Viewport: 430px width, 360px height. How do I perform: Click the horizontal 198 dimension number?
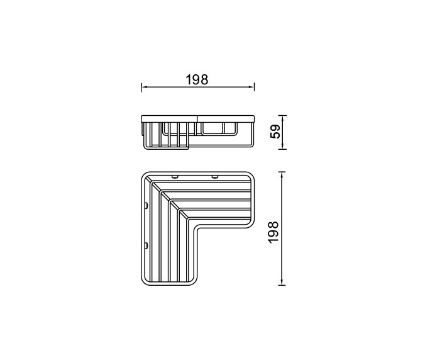pos(197,80)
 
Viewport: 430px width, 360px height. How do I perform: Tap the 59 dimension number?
pos(273,133)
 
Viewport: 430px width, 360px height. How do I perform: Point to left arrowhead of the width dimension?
pos(143,86)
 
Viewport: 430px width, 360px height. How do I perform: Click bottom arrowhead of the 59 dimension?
pos(285,148)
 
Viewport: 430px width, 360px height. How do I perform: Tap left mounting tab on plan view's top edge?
pos(176,176)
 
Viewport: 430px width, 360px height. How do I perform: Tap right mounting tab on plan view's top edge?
pos(215,176)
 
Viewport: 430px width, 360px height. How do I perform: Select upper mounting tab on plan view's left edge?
pos(146,206)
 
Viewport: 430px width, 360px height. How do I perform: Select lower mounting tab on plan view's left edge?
pos(146,245)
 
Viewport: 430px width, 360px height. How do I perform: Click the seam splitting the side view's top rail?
pos(197,118)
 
